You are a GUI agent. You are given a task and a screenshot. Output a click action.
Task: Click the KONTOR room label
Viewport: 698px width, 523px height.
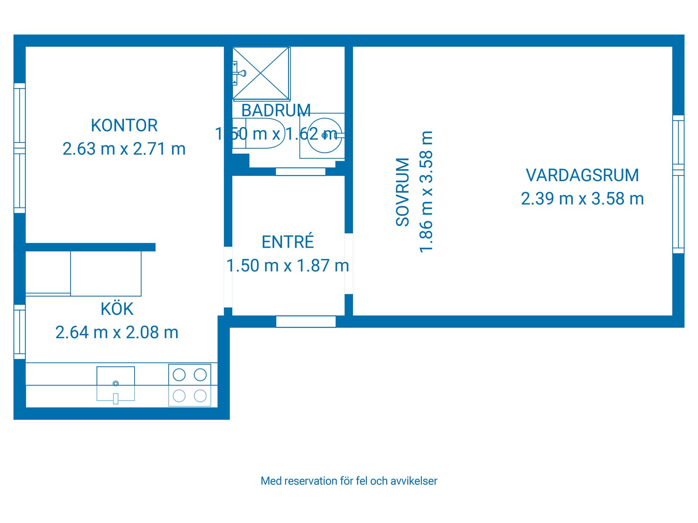[x=124, y=126]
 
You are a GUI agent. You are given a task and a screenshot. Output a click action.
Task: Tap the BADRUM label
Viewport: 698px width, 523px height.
[x=276, y=110]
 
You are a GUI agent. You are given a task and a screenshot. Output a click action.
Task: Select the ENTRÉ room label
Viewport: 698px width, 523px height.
[x=288, y=242]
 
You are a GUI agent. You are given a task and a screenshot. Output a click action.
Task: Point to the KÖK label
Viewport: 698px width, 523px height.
[x=117, y=309]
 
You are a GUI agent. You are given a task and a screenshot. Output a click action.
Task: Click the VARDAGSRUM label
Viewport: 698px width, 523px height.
[x=582, y=175]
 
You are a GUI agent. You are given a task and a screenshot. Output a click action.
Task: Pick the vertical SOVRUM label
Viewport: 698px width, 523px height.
[x=403, y=192]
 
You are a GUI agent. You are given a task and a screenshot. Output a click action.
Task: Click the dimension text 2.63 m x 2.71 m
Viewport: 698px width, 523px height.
[x=124, y=149]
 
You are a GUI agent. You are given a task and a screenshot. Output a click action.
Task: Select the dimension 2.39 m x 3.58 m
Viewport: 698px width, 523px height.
[x=582, y=199]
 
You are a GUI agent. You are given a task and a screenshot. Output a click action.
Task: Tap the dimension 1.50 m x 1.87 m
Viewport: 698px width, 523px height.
[x=288, y=266]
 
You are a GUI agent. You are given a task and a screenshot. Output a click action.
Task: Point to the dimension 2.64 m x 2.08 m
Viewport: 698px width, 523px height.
[x=117, y=332]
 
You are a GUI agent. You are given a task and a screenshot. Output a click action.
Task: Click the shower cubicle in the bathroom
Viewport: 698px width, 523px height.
[x=261, y=73]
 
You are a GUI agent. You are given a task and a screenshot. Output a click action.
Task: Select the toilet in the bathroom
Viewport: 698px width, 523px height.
[x=260, y=133]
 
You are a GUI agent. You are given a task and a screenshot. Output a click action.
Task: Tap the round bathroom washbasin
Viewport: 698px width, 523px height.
[x=324, y=135]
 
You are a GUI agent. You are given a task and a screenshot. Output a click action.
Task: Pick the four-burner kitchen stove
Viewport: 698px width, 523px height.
[x=190, y=385]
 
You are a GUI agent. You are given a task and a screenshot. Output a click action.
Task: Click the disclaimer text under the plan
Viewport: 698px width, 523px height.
[x=349, y=481]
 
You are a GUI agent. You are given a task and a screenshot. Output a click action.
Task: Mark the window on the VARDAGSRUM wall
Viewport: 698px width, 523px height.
[x=678, y=184]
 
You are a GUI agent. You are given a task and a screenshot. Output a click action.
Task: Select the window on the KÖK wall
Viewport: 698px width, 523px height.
[x=20, y=332]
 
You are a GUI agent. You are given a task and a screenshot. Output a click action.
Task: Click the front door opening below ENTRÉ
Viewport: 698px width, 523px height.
[x=306, y=321]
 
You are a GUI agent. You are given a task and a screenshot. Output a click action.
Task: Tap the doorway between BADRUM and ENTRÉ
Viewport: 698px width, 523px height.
[x=300, y=171]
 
